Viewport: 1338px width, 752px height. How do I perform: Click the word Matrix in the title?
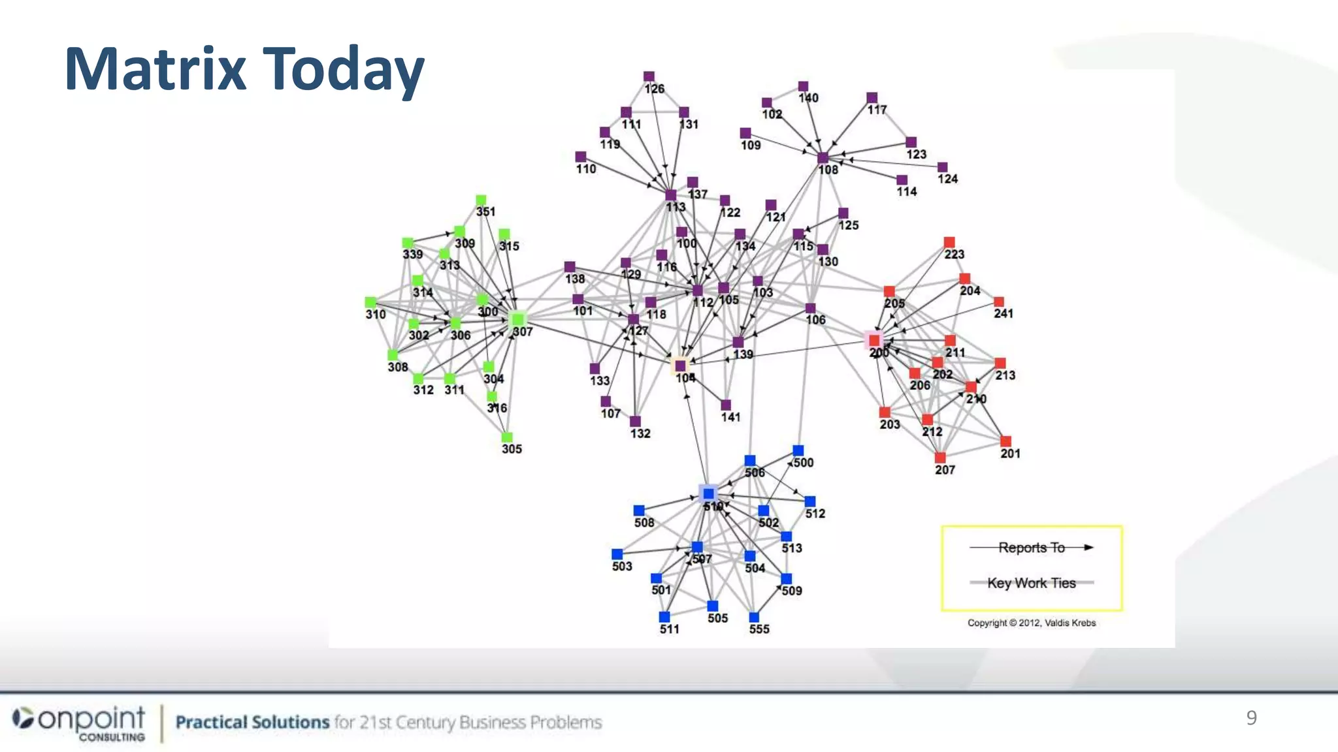pyautogui.click(x=155, y=69)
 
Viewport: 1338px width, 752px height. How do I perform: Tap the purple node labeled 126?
pyautogui.click(x=649, y=77)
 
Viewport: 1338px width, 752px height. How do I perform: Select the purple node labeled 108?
pyautogui.click(x=823, y=158)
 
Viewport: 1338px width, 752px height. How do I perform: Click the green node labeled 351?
pyautogui.click(x=481, y=200)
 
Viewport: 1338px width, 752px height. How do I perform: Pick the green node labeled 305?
pyautogui.click(x=507, y=437)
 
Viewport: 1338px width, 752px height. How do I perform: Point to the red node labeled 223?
pyautogui.click(x=949, y=243)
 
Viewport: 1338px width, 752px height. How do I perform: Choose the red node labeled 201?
pyautogui.click(x=1006, y=442)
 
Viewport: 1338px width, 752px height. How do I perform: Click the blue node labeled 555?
pyautogui.click(x=754, y=618)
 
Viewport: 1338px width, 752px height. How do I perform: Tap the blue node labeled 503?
pyautogui.click(x=617, y=554)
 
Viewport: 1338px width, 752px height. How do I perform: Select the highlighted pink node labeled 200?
pyautogui.click(x=874, y=340)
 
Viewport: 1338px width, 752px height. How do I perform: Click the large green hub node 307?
pyautogui.click(x=517, y=319)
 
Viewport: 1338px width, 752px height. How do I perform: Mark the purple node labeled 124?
pyautogui.click(x=942, y=168)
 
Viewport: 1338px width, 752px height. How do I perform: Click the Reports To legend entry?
pyautogui.click(x=1032, y=548)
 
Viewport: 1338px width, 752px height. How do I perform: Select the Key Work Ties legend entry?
pyautogui.click(x=1032, y=583)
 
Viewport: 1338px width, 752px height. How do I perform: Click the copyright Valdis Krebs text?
pyautogui.click(x=1032, y=623)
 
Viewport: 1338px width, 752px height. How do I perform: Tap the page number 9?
pyautogui.click(x=1251, y=717)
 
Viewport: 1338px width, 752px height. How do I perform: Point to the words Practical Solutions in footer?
pyautogui.click(x=252, y=723)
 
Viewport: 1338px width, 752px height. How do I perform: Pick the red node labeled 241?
pyautogui.click(x=999, y=302)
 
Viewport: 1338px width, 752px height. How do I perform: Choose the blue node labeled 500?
pyautogui.click(x=798, y=450)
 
